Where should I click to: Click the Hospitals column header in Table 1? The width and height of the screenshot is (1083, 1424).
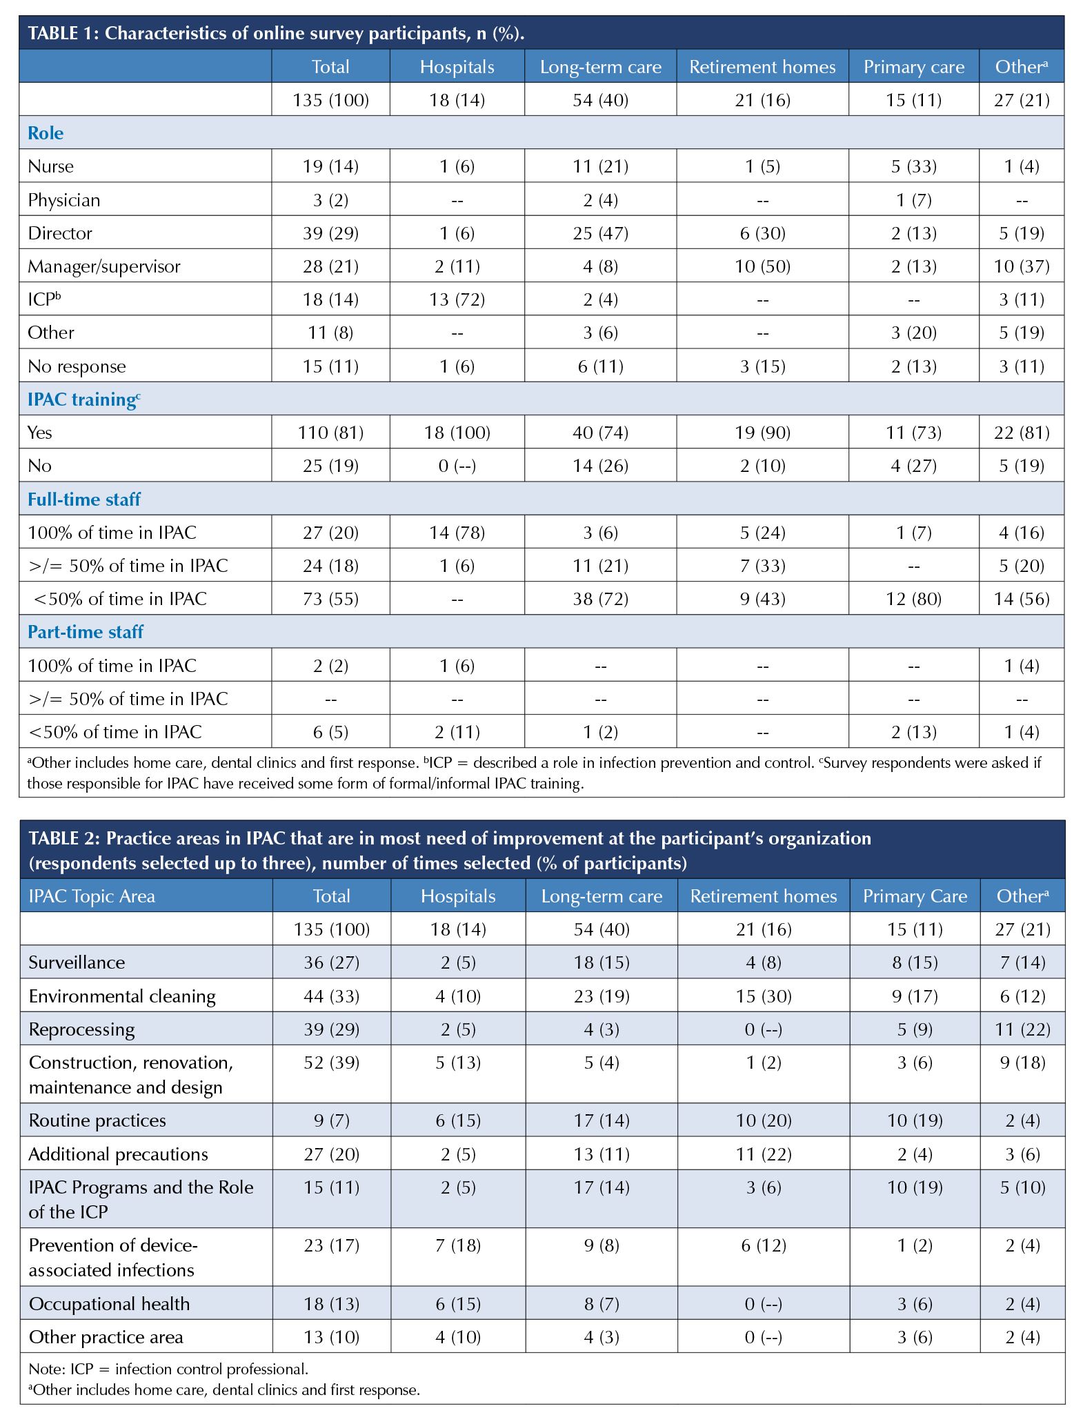click(x=457, y=67)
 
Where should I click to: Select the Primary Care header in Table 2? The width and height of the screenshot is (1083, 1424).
click(x=915, y=896)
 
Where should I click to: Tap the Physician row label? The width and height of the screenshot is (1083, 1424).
click(x=64, y=200)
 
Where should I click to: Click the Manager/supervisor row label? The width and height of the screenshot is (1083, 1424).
click(x=104, y=266)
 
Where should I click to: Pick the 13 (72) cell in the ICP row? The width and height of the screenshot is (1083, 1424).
click(x=457, y=299)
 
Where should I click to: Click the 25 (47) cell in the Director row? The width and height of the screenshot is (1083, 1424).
click(x=600, y=233)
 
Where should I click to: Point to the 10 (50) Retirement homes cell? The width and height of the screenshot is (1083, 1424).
click(x=762, y=266)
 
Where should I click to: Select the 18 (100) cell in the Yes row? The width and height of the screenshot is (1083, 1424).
click(x=457, y=433)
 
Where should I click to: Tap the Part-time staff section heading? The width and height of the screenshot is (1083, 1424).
click(x=86, y=632)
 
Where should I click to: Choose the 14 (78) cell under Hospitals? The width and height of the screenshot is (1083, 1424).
click(x=457, y=533)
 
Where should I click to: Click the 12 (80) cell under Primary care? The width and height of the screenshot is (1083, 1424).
click(x=913, y=599)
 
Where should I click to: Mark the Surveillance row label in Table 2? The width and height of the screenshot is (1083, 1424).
click(x=77, y=962)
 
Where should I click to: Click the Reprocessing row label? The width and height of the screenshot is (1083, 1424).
click(x=81, y=1029)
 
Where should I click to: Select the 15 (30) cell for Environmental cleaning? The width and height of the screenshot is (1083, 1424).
click(x=763, y=996)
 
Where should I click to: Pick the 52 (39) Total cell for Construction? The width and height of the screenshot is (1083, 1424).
click(x=332, y=1062)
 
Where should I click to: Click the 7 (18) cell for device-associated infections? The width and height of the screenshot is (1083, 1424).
click(x=458, y=1245)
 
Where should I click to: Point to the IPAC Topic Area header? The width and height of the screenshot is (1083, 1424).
click(x=92, y=896)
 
